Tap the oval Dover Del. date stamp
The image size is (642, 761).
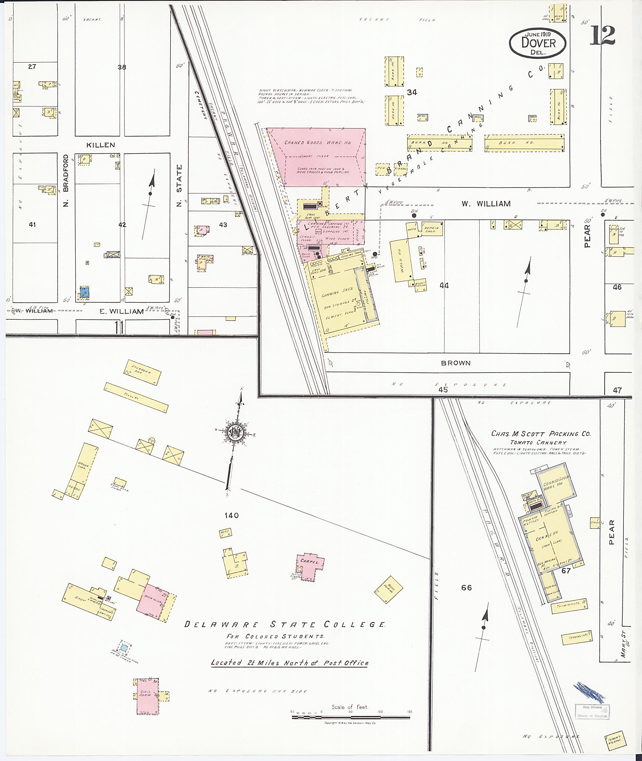[x=538, y=43]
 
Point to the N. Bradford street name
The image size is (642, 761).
[x=66, y=180]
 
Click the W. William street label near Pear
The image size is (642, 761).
[x=486, y=204]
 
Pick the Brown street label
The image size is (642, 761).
[x=456, y=363]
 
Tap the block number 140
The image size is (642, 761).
[x=231, y=515]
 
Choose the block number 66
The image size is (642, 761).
[x=466, y=587]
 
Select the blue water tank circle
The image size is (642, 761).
[x=124, y=648]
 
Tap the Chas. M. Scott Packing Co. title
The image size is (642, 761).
[x=540, y=434]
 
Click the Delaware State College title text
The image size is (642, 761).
[x=285, y=625]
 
